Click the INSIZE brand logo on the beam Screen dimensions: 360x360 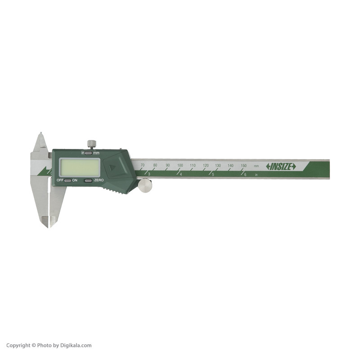click(281, 166)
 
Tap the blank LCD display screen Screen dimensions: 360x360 click(80, 167)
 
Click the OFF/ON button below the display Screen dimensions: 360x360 click(67, 180)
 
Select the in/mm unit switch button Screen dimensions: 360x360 click(88, 153)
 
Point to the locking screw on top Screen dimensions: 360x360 click(91, 144)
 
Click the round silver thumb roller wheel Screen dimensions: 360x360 click(145, 185)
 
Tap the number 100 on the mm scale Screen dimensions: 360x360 click(180, 166)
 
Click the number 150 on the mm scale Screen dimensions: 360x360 click(243, 166)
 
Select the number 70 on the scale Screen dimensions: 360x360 click(143, 166)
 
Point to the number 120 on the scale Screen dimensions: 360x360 click(206, 166)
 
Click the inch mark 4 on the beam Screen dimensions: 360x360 click(181, 174)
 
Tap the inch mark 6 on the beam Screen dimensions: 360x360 click(245, 174)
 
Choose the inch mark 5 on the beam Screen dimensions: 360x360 click(213, 174)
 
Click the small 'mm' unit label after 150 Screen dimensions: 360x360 click(256, 166)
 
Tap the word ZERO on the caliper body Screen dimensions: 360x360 click(99, 180)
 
